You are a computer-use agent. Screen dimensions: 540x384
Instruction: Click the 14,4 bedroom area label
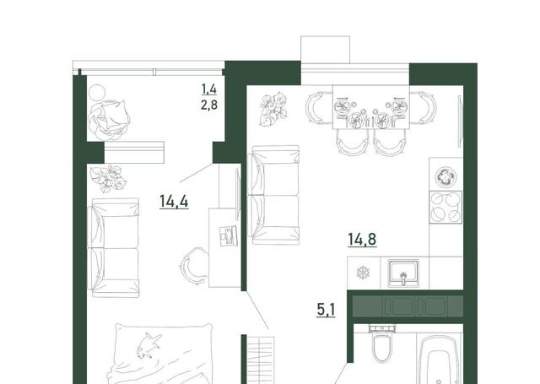pyautogui.click(x=174, y=201)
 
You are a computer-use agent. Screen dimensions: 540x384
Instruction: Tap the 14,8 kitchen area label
pyautogui.click(x=362, y=240)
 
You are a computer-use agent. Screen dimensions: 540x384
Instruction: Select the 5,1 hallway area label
pyautogui.click(x=326, y=310)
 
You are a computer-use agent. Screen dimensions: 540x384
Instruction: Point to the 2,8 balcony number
pyautogui.click(x=209, y=104)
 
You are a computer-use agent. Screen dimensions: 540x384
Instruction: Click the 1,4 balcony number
pyautogui.click(x=209, y=89)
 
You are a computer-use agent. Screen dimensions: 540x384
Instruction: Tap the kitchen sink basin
pyautogui.click(x=403, y=273)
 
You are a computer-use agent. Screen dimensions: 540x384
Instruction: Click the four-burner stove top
pyautogui.click(x=445, y=207)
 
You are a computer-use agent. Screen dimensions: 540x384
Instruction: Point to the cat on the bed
pyautogui.click(x=149, y=345)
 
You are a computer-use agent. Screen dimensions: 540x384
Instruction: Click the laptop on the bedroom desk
pyautogui.click(x=229, y=236)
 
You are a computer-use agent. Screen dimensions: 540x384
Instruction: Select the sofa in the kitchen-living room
pyautogui.click(x=275, y=195)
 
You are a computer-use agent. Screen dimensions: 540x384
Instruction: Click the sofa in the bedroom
pyautogui.click(x=114, y=247)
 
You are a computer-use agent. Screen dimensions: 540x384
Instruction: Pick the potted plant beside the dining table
pyautogui.click(x=273, y=109)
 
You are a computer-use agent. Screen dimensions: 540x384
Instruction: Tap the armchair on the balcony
pyautogui.click(x=109, y=120)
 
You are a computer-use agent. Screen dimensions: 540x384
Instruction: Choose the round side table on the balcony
pyautogui.click(x=97, y=93)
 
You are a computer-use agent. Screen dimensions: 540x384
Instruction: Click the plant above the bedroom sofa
pyautogui.click(x=109, y=178)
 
